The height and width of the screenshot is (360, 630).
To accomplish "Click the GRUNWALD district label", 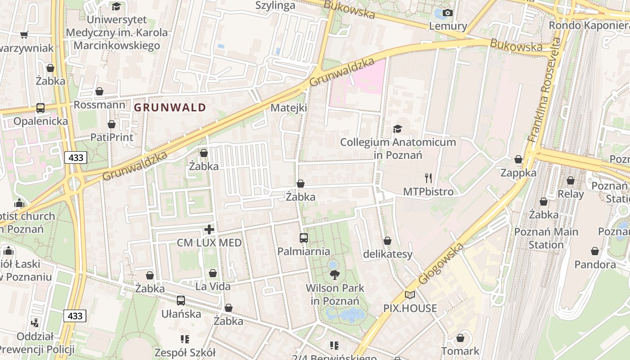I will (x=170, y=108).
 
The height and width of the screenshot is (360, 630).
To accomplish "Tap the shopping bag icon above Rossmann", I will (x=99, y=92).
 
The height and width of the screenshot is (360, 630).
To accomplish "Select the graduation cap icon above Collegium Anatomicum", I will (x=397, y=129).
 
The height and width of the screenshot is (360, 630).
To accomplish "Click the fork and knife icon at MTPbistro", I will (x=428, y=178).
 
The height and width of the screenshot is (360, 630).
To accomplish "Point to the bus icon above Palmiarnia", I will (x=304, y=238).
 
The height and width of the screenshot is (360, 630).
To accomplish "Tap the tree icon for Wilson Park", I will (x=334, y=274).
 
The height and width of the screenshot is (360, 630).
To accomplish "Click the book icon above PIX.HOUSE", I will (x=410, y=295).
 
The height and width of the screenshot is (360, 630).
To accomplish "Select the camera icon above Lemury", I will (x=447, y=13).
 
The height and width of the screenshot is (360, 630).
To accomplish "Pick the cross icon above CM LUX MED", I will (x=209, y=229).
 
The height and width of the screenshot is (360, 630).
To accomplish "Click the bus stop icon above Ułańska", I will (x=181, y=300).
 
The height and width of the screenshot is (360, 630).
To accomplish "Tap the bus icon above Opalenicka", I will (x=40, y=108).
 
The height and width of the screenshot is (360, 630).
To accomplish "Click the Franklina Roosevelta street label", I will (x=545, y=90).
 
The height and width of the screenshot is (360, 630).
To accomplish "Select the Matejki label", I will (x=289, y=108).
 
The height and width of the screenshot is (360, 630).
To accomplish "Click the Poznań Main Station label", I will (x=546, y=238).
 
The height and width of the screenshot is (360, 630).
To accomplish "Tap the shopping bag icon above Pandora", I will (x=595, y=251).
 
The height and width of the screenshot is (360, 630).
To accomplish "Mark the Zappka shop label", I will (x=518, y=173).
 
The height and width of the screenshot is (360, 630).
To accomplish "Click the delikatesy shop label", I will (x=387, y=254).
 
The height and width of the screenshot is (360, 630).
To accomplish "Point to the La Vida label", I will (x=213, y=286).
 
